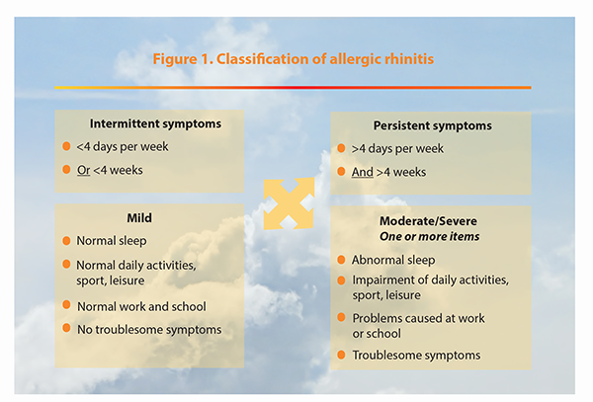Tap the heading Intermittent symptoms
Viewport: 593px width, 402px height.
(x=155, y=123)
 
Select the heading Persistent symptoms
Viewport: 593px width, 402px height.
(x=433, y=125)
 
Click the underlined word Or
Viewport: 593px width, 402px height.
(x=84, y=170)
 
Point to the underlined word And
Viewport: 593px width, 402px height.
(x=363, y=172)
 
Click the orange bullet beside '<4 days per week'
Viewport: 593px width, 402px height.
(x=66, y=146)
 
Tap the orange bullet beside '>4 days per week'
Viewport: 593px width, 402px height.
(x=341, y=148)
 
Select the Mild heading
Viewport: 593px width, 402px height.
(x=139, y=218)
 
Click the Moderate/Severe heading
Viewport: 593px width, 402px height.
(x=428, y=221)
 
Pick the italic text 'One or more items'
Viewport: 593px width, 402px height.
(x=430, y=236)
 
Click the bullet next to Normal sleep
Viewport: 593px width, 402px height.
(x=66, y=241)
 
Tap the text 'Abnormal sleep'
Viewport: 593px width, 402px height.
(x=393, y=260)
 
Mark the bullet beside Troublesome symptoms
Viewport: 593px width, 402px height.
(x=341, y=355)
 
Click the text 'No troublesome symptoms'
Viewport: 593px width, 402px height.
(x=149, y=330)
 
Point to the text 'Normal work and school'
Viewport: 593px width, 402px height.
(x=141, y=306)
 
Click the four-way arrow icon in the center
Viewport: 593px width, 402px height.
(x=289, y=203)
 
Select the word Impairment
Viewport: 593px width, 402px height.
(x=381, y=280)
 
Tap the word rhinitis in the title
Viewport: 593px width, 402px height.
(x=409, y=59)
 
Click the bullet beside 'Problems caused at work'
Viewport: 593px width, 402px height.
(x=341, y=317)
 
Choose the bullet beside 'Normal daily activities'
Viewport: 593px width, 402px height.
(x=66, y=264)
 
